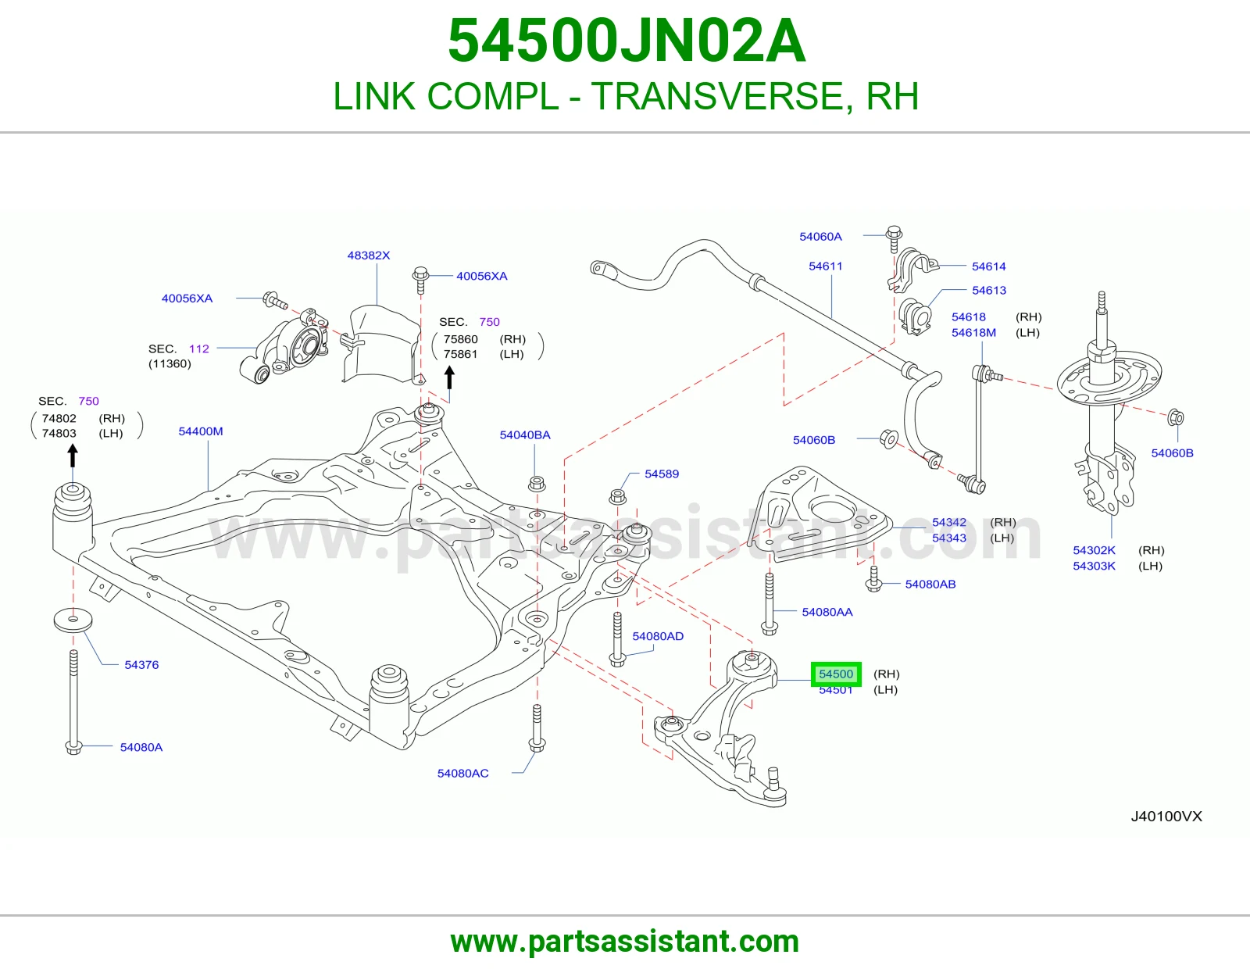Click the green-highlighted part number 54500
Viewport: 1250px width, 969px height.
(x=836, y=674)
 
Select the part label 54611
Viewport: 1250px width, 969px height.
(x=826, y=266)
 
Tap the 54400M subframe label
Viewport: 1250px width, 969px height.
(x=200, y=431)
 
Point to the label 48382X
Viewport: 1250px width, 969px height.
(x=368, y=255)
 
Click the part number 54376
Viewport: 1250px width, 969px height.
(x=141, y=664)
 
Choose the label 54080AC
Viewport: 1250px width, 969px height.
(x=462, y=774)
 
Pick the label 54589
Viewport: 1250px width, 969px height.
(x=662, y=474)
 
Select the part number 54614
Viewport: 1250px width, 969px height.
(x=989, y=266)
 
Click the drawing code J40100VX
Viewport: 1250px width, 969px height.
(x=1166, y=816)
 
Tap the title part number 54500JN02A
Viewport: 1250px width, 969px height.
(x=627, y=41)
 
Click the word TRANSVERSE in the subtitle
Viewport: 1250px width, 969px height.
(x=722, y=96)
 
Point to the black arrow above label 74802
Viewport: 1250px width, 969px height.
(x=73, y=457)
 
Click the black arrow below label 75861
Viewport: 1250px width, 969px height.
(x=449, y=379)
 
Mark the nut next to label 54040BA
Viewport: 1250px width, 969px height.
(x=537, y=484)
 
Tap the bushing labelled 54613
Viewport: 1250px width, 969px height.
(x=915, y=316)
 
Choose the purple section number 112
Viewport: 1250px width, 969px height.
(x=199, y=349)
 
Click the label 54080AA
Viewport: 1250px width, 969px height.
(x=827, y=612)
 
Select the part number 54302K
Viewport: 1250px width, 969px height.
(x=1094, y=550)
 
